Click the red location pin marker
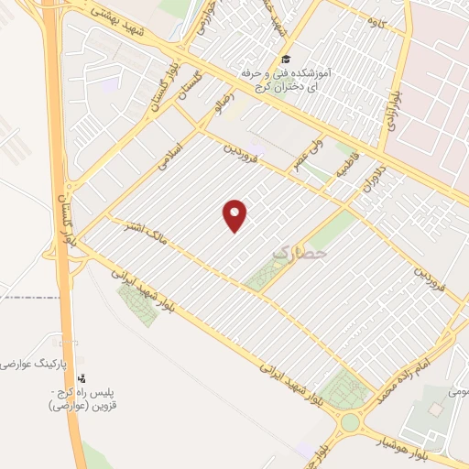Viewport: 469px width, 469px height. (235, 214)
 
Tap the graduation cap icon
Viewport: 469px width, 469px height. (285, 60)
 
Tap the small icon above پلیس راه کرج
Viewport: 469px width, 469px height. (83, 377)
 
